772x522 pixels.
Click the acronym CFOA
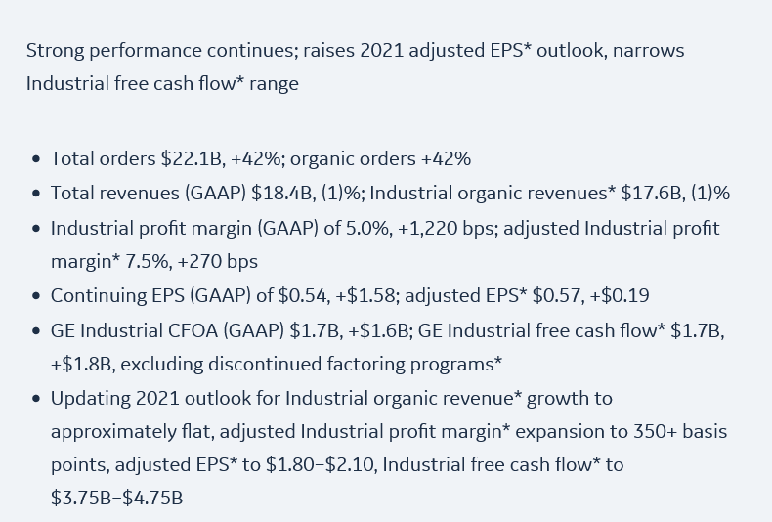[166, 330]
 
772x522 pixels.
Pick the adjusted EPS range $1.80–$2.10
[319, 465]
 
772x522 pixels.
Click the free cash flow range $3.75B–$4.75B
[116, 499]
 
